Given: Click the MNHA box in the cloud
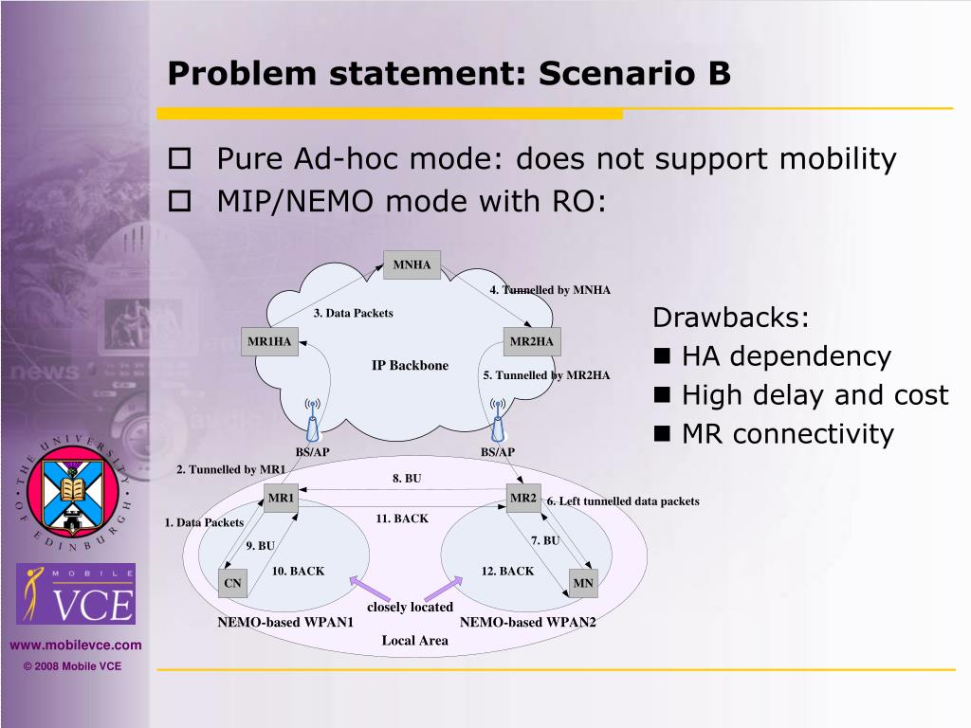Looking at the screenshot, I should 412,265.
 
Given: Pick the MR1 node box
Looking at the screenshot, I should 282,499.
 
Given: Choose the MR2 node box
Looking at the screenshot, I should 523,499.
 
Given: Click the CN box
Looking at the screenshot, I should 232,584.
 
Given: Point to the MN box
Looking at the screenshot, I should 583,584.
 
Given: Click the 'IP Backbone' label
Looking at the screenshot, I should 410,366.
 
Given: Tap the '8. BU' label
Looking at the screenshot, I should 407,479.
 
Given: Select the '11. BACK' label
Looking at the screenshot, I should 402,519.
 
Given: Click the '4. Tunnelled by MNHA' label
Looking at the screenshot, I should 550,290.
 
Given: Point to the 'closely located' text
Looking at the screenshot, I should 410,607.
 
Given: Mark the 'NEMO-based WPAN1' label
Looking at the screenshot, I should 285,623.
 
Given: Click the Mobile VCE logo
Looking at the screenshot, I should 76,593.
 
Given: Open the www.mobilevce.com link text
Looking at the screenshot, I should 76,646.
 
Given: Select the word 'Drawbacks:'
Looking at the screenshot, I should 731,318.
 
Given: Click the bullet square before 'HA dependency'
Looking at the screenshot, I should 663,357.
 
